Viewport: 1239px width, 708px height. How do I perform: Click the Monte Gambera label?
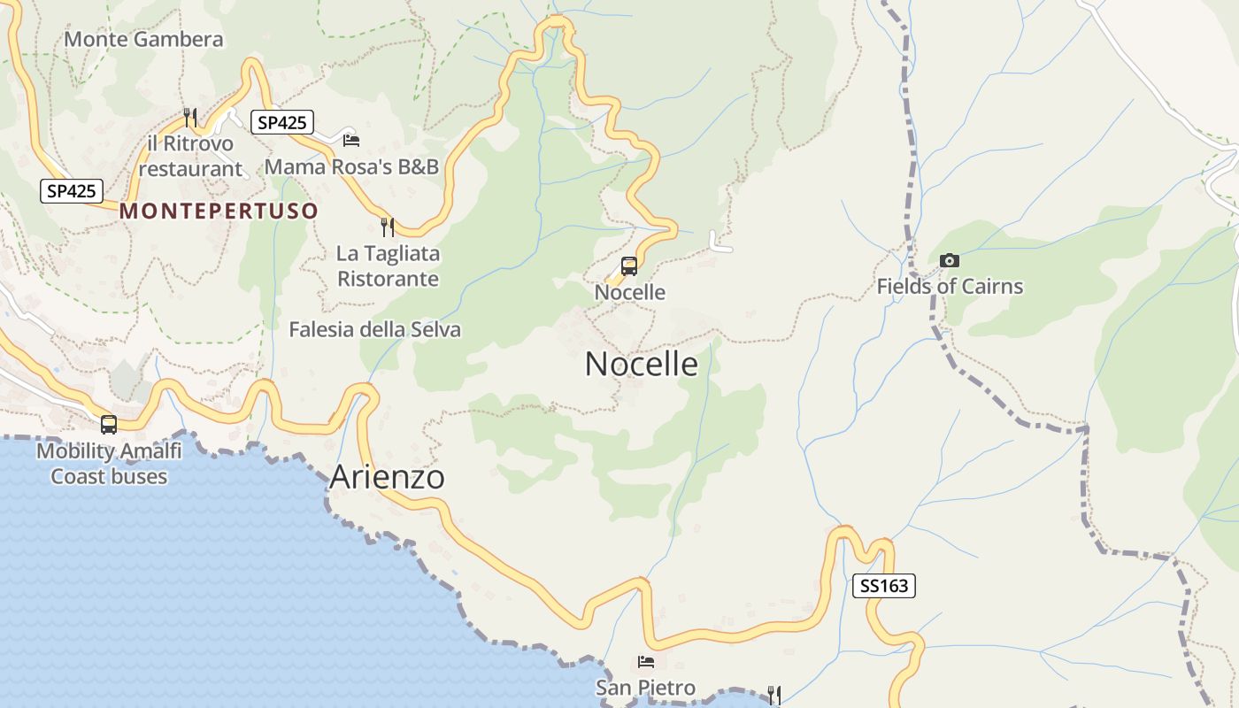point(143,39)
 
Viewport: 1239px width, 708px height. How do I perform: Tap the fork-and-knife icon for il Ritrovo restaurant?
point(189,117)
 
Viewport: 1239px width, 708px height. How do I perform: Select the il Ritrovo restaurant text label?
point(190,156)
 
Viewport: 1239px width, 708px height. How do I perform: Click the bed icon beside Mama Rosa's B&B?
point(350,140)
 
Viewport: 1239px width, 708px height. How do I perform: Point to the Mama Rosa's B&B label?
point(351,166)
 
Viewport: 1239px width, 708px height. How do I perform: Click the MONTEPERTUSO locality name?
point(219,211)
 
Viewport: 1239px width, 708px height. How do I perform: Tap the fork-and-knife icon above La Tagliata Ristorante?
point(387,227)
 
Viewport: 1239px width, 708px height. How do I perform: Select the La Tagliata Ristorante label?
point(388,265)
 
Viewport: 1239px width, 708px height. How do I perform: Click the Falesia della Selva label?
point(374,329)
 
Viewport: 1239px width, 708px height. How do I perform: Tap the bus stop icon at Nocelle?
point(629,265)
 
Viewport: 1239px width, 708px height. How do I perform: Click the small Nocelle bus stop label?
point(629,292)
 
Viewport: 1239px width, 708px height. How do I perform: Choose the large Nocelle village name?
point(641,364)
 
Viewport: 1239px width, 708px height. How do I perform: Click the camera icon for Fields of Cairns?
point(950,260)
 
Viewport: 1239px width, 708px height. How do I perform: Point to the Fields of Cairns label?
point(950,286)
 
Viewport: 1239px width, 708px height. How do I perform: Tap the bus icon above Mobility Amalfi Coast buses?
point(109,424)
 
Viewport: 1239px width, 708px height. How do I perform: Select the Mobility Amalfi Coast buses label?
point(109,464)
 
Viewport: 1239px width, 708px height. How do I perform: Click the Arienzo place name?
point(387,477)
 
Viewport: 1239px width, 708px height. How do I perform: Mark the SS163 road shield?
point(883,585)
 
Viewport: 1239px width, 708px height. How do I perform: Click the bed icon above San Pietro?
point(646,662)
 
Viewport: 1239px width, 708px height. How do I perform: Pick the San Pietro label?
point(645,688)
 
